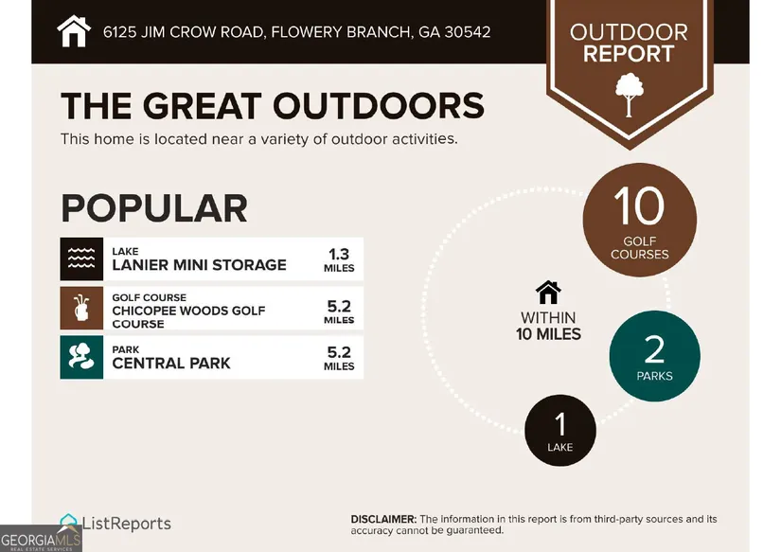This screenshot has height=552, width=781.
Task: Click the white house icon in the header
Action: pyautogui.click(x=74, y=31)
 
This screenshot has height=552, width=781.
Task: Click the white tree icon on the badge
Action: pyautogui.click(x=630, y=95)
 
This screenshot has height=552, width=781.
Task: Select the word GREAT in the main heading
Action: pyautogui.click(x=202, y=106)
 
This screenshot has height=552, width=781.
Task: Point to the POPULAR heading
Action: pyautogui.click(x=154, y=208)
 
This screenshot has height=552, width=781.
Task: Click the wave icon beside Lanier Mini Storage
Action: pyautogui.click(x=81, y=259)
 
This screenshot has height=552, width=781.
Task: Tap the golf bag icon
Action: pyautogui.click(x=81, y=308)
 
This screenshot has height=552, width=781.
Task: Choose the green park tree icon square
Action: pyautogui.click(x=81, y=357)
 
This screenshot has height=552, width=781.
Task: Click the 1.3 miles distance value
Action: pyautogui.click(x=339, y=260)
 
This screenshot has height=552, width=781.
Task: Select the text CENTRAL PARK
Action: pyautogui.click(x=170, y=364)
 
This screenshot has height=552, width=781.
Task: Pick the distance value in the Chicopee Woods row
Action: pyautogui.click(x=339, y=312)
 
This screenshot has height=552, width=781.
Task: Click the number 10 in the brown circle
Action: pyautogui.click(x=639, y=205)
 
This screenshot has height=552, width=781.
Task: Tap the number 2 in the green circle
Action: pyautogui.click(x=654, y=349)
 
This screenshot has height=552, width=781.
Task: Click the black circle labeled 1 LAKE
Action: pyautogui.click(x=560, y=431)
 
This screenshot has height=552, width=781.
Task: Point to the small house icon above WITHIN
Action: pyautogui.click(x=548, y=293)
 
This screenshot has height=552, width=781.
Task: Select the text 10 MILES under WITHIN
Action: pyautogui.click(x=548, y=334)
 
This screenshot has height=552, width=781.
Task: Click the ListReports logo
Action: pyautogui.click(x=115, y=523)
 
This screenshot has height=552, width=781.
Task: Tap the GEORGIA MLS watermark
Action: pyautogui.click(x=41, y=540)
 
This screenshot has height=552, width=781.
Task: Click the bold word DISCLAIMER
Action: pyautogui.click(x=383, y=519)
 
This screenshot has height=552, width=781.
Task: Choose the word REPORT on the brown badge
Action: pyautogui.click(x=629, y=53)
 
